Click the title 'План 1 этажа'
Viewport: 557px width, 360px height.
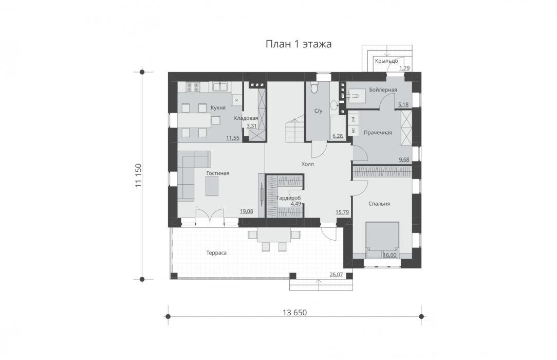[299, 44]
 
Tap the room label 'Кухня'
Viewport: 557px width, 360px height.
[218, 107]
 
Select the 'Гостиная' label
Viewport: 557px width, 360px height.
[218, 173]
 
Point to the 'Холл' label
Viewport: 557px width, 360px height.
[308, 164]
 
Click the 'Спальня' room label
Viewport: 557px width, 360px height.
[379, 204]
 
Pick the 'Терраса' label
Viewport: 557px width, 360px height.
[216, 253]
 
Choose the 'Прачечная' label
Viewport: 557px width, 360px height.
[378, 133]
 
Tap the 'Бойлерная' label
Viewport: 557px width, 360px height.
[383, 90]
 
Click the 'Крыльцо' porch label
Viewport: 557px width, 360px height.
[386, 61]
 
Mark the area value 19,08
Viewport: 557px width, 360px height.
[246, 211]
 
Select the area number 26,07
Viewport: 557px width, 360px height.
[336, 274]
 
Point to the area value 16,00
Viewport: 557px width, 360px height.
[389, 255]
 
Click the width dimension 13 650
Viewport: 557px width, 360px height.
[294, 313]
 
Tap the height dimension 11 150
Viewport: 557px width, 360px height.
[139, 175]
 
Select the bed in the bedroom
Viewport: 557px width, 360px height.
[383, 240]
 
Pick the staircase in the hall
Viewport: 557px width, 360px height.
[295, 129]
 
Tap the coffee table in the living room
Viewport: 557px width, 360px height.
[212, 186]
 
